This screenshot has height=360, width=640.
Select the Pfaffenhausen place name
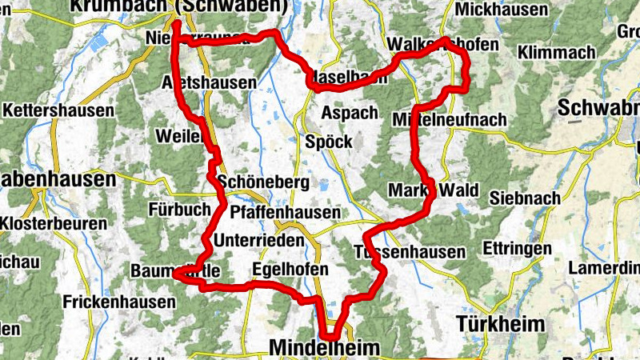[285, 213]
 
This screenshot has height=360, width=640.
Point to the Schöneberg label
[262, 182]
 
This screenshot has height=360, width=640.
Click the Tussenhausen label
[409, 252]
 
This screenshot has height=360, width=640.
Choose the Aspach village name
[349, 113]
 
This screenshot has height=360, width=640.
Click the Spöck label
[328, 142]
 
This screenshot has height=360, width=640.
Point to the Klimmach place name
[557, 53]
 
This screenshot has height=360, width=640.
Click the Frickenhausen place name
[118, 302]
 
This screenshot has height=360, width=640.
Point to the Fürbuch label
[178, 210]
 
